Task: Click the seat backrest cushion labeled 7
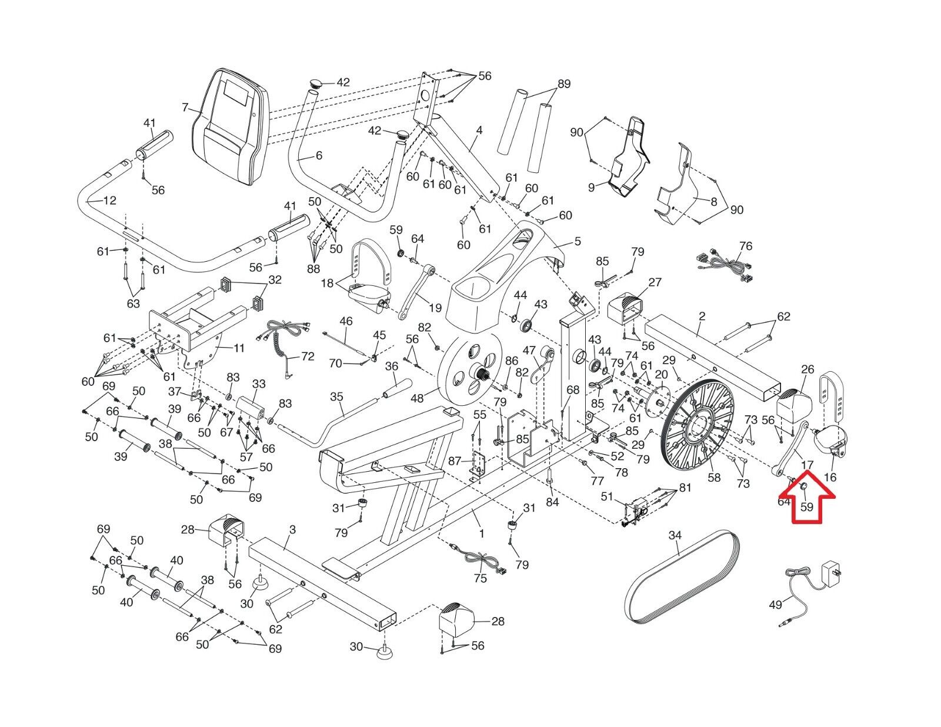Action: [231, 127]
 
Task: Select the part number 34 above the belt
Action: [675, 536]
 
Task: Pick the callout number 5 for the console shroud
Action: [578, 241]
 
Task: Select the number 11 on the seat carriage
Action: [239, 348]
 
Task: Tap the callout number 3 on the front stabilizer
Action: [292, 529]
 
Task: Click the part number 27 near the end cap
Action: [655, 282]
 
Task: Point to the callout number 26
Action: [807, 369]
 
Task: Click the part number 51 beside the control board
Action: [607, 496]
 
